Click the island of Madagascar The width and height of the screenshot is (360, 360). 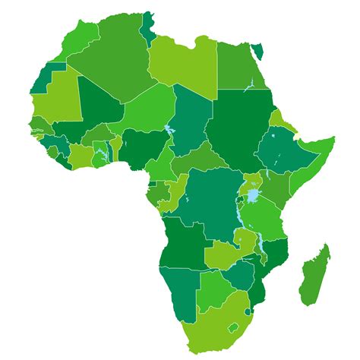[x=314, y=273]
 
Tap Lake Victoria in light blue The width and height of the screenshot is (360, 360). [x=252, y=196]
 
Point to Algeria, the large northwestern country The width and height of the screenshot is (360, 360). [x=114, y=61]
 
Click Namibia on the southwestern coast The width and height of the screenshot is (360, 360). [x=179, y=285]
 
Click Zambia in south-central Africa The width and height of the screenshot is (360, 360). [x=224, y=251]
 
